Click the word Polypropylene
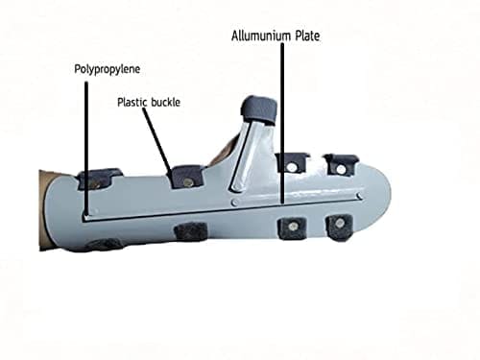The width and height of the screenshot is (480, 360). coord(108,69)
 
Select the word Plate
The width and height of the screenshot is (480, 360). coord(307,36)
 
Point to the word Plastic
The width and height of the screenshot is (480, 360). coord(132,103)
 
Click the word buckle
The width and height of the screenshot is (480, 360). coord(165,103)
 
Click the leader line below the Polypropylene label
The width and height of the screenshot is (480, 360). coord(86,148)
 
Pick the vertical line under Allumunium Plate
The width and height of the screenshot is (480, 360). coord(282,123)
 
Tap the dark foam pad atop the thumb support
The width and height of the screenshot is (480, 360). coord(259,109)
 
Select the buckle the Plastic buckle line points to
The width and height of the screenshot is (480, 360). coord(187,176)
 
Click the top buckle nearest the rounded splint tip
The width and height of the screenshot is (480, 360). coord(342,164)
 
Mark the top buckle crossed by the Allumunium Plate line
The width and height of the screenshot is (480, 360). coord(292,162)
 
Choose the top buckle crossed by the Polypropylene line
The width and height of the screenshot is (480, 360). coord(99,179)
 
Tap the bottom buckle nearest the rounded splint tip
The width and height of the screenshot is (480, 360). coord(339,227)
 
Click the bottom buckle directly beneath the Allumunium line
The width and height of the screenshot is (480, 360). coord(292,228)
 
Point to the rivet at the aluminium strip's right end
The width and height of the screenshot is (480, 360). coord(360,195)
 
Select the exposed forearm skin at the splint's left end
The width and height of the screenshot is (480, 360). coord(43,209)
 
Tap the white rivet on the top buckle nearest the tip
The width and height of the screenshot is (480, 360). coord(342,169)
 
